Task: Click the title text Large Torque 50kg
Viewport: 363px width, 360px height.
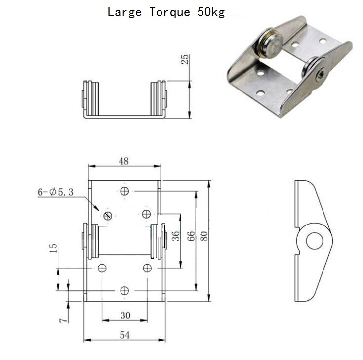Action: pos(166,12)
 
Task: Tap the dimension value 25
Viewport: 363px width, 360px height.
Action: pos(185,59)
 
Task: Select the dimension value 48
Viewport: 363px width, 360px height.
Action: pos(123,161)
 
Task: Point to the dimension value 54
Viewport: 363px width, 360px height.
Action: pos(125,335)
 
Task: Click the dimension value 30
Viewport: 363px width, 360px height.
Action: pos(125,315)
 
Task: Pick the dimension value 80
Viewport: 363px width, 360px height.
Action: pos(204,236)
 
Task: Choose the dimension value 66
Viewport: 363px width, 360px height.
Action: pos(191,236)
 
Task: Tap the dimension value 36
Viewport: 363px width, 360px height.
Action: pos(176,236)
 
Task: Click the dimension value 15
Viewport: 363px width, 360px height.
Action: pos(53,248)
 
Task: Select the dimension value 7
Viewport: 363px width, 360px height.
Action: pos(63,320)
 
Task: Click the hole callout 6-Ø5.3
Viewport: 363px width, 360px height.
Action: pos(55,192)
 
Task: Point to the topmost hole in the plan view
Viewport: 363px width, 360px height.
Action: pos(124,191)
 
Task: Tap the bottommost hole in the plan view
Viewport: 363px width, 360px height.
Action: pos(124,290)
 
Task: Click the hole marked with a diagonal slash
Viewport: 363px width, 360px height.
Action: pos(108,216)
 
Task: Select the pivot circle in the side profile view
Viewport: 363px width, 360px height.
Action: pos(315,241)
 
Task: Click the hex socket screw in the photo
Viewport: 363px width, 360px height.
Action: pos(321,75)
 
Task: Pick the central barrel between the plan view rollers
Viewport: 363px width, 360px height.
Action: pos(124,241)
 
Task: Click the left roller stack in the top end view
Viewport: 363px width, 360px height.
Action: pos(90,98)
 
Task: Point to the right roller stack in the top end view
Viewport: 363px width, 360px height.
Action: pos(159,98)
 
